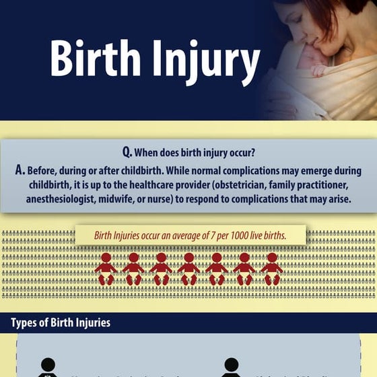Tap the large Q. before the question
[x=129, y=153]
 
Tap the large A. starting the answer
[x=21, y=171]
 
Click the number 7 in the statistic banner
[x=211, y=236]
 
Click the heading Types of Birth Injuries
[x=60, y=323]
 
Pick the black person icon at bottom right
[x=231, y=368]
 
